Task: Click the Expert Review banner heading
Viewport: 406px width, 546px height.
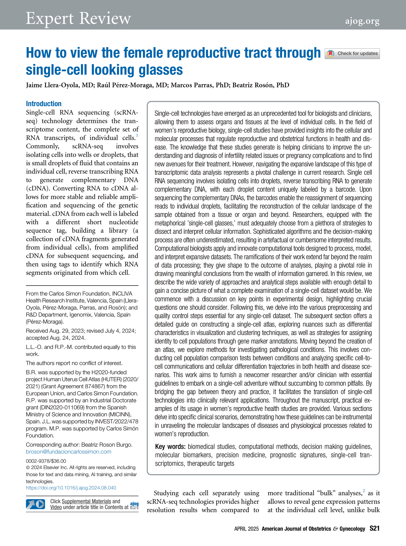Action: coord(78,19)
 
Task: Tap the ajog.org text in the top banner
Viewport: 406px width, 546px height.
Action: coord(362,21)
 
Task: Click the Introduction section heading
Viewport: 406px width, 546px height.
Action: coord(44,104)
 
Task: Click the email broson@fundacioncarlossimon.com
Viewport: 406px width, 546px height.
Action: coord(69,452)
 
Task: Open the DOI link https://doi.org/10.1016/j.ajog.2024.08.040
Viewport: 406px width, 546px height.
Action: coord(71,488)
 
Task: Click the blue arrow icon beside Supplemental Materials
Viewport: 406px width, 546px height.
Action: coord(35,504)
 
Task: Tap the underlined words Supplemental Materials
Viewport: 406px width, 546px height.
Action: coord(86,501)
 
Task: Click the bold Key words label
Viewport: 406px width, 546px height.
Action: coord(170,447)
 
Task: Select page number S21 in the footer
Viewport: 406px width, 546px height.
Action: coord(374,528)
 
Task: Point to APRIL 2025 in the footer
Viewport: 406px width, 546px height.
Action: coord(246,529)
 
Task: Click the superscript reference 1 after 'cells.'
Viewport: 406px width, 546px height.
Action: coord(137,135)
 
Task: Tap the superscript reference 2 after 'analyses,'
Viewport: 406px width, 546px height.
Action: coord(364,491)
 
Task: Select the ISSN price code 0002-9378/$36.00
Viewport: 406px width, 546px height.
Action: coord(46,461)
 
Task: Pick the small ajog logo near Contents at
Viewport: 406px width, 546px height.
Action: coord(134,505)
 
